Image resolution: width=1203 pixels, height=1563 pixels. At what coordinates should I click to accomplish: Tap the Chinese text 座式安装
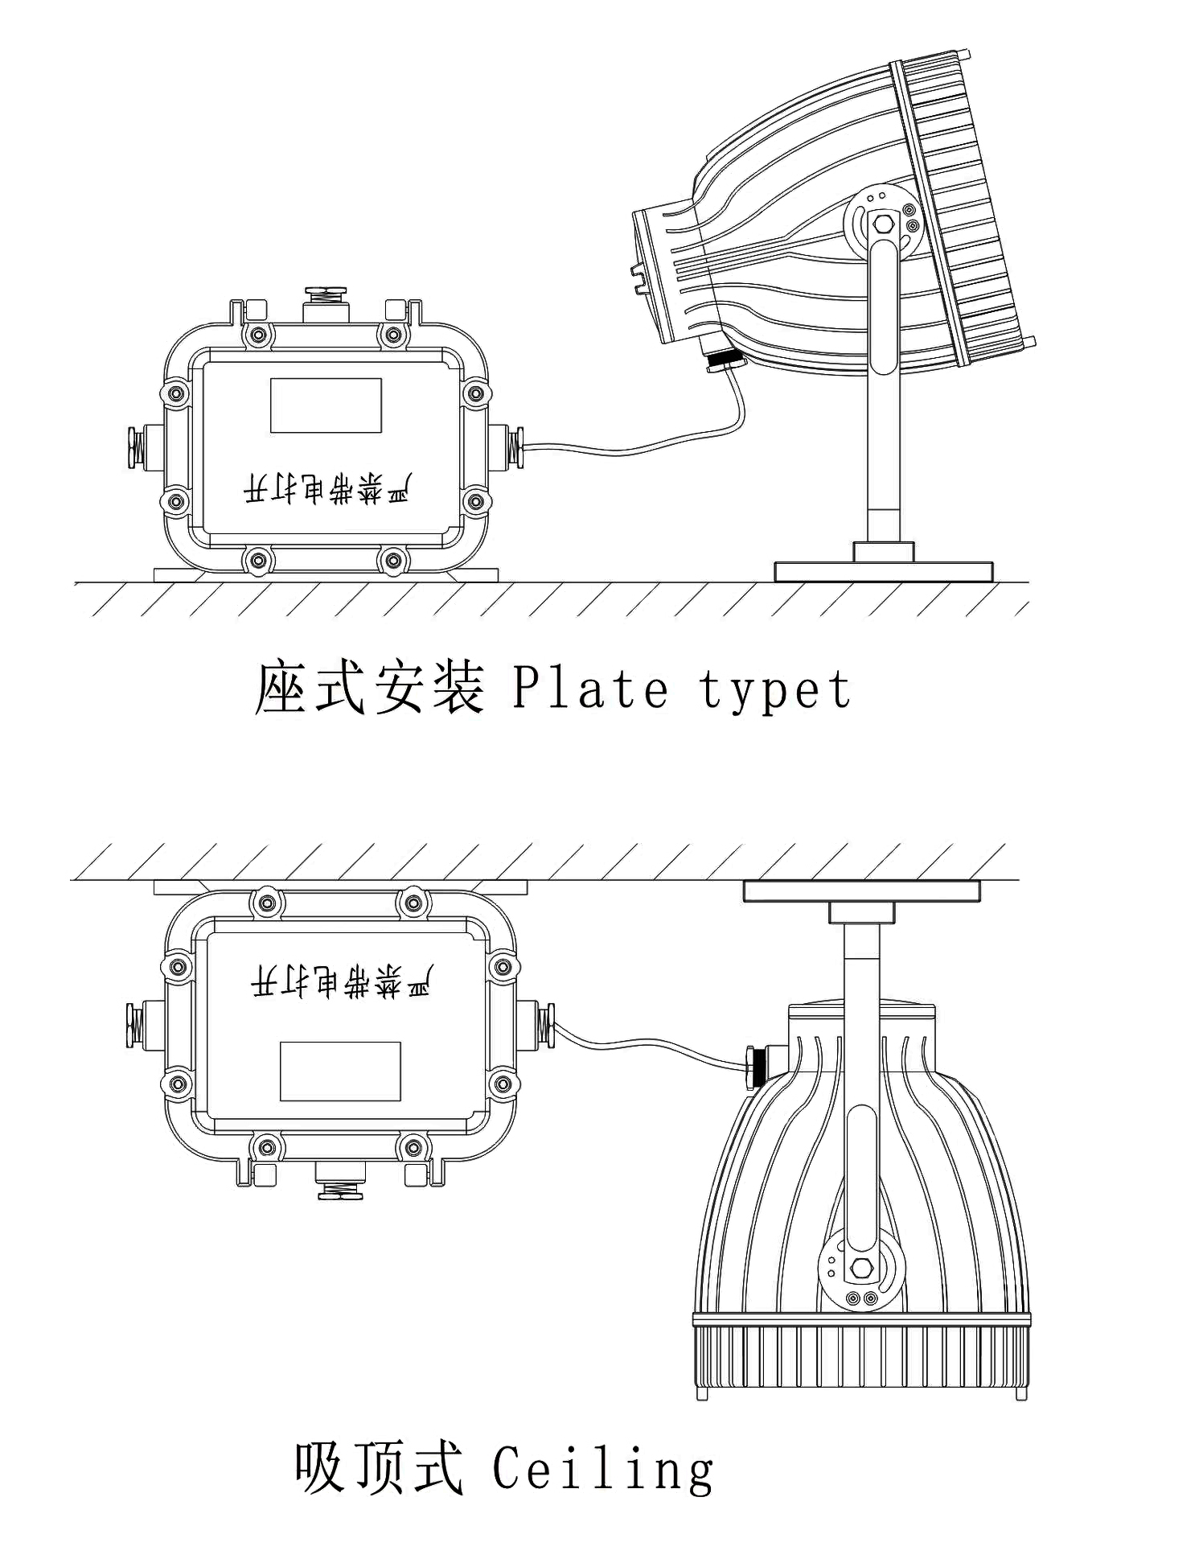click(x=369, y=688)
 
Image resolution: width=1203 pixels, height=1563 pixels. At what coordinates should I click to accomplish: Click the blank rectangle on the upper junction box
click(x=326, y=405)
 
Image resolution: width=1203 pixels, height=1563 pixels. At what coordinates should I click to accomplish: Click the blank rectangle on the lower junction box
click(x=340, y=1071)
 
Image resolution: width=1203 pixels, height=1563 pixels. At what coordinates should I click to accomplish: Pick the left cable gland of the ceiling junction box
click(x=134, y=1023)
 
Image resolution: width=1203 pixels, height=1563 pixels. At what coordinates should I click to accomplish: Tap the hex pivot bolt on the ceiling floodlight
click(x=860, y=1268)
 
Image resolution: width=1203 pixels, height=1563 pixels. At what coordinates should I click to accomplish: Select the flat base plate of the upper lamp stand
click(x=883, y=572)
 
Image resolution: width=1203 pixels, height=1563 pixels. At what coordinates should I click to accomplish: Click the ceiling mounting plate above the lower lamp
click(x=861, y=890)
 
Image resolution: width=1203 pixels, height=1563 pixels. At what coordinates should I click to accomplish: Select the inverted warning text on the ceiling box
click(x=340, y=982)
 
